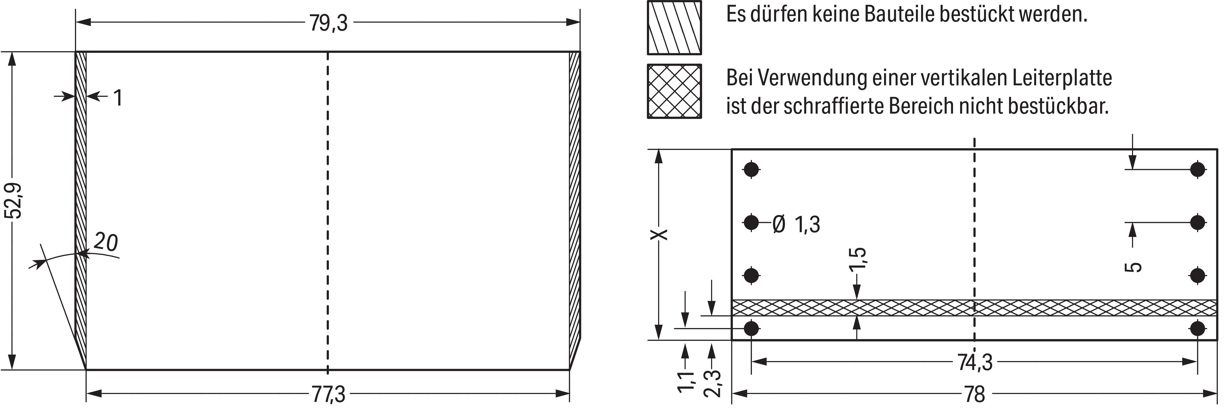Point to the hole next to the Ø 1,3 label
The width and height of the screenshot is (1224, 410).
751,222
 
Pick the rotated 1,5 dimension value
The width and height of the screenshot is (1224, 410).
858,259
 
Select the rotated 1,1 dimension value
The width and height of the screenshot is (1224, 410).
686,382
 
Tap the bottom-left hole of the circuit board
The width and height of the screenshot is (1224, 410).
751,328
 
